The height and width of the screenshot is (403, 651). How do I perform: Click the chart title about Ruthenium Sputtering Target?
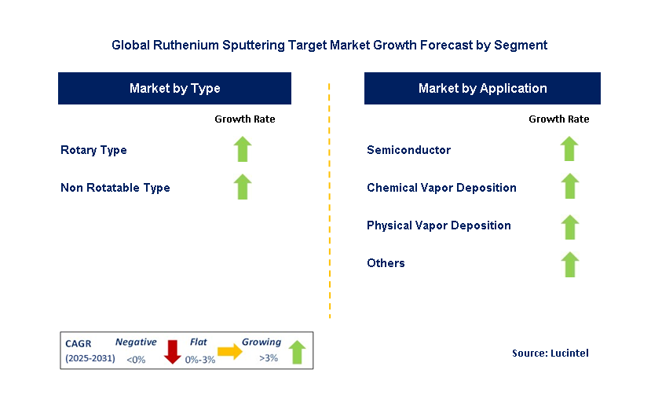[329, 46]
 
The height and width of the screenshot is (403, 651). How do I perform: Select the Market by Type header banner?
[174, 88]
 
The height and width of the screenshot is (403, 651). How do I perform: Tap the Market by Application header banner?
[482, 88]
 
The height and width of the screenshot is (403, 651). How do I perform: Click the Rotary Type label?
[93, 150]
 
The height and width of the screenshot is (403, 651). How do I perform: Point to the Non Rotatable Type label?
[115, 188]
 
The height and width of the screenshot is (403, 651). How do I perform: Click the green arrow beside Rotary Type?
[243, 149]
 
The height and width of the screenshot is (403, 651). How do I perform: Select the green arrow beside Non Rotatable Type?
[243, 187]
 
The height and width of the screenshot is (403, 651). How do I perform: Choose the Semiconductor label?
[408, 150]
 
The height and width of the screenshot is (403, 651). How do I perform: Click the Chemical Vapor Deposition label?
[441, 188]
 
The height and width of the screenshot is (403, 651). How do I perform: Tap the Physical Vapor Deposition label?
[438, 225]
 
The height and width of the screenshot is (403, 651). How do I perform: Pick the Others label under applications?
[386, 263]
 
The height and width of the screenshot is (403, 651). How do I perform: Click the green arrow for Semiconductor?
[569, 149]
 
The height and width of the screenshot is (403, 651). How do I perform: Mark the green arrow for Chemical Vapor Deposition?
[569, 187]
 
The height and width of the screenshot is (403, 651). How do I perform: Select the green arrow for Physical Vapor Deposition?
[569, 227]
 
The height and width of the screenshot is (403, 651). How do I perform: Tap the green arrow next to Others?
[569, 265]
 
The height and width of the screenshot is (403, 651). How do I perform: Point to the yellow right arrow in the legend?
[229, 352]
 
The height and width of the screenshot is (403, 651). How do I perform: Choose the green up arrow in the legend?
[296, 352]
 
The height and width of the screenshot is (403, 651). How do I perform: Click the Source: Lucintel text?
[550, 354]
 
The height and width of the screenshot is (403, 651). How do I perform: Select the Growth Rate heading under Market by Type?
[244, 119]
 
